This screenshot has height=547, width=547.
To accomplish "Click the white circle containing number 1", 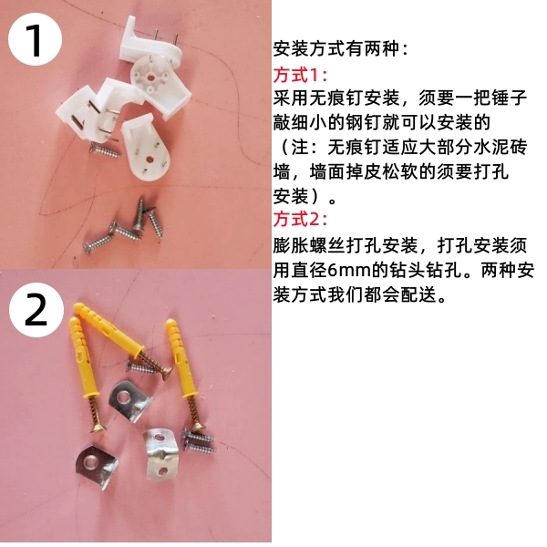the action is point(35,39).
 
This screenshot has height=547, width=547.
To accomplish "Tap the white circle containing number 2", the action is point(36,310).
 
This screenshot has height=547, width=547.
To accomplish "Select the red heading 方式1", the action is point(300,75).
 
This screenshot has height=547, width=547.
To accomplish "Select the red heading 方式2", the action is point(300,220).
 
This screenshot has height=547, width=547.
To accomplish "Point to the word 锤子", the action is point(509,98).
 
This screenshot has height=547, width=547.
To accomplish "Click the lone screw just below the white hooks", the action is point(106,150).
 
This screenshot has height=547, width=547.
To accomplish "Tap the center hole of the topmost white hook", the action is point(151,76).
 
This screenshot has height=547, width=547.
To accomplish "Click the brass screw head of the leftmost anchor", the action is point(98,427).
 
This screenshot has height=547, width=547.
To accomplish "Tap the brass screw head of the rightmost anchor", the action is point(198,427).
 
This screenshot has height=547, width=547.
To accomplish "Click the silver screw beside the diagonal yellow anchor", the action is point(142,367).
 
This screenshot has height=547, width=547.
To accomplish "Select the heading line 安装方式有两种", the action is point(340,49).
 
